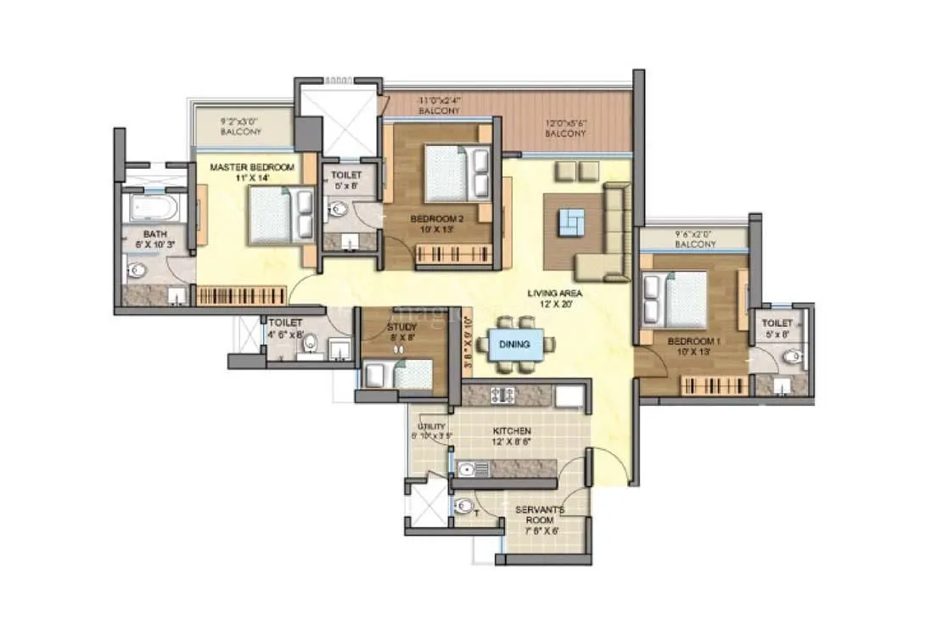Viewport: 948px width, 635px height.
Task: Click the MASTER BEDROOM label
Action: coord(252,167)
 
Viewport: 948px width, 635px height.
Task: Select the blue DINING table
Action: coord(515,344)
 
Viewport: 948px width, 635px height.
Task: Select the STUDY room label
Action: coord(401,326)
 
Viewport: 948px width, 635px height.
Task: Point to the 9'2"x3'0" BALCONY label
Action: coord(241,126)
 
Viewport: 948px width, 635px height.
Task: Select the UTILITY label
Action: coord(426,427)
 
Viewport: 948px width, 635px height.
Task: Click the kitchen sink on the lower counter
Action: coord(467,468)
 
